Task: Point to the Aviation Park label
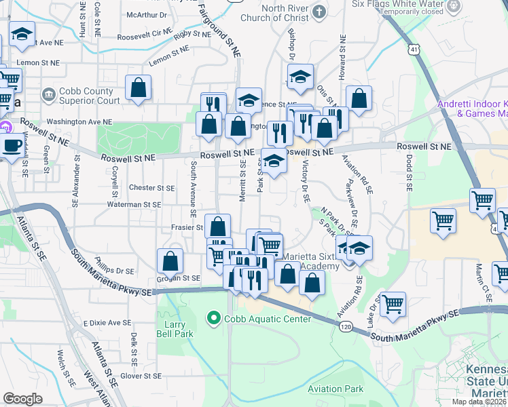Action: coord(335,389)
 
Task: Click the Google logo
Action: coord(22,399)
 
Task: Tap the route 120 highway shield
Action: coord(346,328)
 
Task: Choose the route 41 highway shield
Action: coord(414,49)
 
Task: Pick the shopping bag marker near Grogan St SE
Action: coord(170,260)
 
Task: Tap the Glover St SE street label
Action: coord(141,376)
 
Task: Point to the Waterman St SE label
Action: coord(133,204)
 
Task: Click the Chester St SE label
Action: coord(152,188)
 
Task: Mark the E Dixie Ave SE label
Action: coord(107,323)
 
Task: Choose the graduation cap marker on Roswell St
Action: coord(274,161)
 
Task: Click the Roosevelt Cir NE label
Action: coord(145,35)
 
